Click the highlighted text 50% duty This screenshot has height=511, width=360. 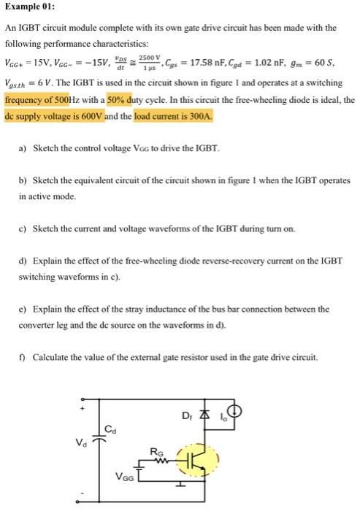125,99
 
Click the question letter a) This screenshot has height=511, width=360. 23,148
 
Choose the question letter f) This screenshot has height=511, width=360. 23,357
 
